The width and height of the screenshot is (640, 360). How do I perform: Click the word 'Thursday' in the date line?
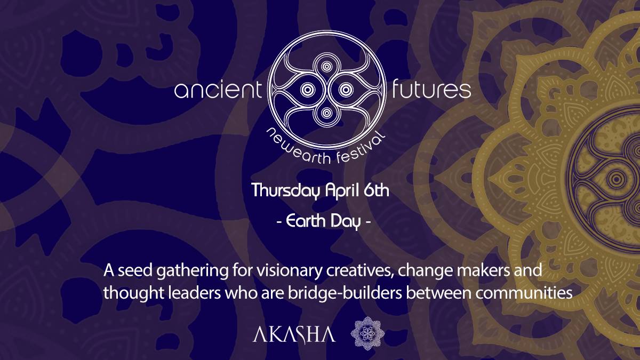(x=286, y=190)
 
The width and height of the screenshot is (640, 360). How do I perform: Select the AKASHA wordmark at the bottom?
(x=294, y=334)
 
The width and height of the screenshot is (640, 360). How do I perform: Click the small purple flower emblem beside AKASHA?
(x=367, y=333)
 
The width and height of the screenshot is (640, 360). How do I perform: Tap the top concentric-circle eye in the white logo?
(x=326, y=67)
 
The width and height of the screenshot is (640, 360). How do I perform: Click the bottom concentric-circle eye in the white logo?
(x=326, y=113)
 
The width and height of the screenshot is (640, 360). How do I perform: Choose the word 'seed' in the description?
(x=135, y=271)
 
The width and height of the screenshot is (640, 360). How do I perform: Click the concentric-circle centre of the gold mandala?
(x=617, y=179)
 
